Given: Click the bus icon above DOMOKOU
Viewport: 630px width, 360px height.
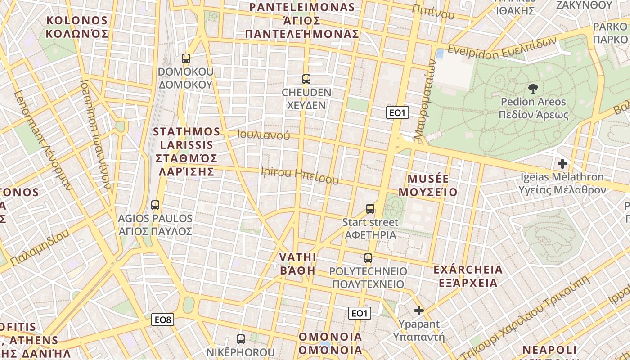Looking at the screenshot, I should coord(185,58).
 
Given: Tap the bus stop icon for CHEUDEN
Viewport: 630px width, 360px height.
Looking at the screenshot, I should coord(306,79).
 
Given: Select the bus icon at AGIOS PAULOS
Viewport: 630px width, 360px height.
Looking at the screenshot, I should coord(155,205).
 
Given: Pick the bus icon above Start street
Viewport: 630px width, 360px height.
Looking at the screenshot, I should coord(370,209).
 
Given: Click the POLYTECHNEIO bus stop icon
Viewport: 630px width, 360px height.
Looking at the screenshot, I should coord(368,258).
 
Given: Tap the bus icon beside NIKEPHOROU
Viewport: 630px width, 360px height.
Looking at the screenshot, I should coord(241,339).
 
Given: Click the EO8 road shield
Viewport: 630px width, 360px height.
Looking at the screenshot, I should coord(162,319).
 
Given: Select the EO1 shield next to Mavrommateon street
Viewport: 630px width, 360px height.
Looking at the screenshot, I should coord(397,112).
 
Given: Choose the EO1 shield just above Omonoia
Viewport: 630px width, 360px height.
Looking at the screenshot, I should coord(360,313).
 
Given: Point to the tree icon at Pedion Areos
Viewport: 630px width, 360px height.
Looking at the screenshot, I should coord(533,88).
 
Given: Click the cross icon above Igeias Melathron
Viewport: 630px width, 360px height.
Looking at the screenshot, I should coord(562,164).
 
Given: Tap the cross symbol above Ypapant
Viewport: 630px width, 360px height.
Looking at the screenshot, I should coord(419,310).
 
